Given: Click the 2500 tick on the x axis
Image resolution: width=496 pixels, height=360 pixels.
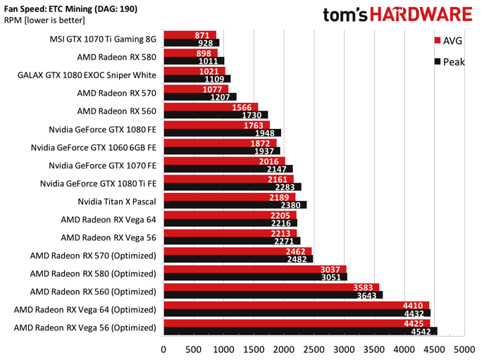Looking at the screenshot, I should [x=314, y=348].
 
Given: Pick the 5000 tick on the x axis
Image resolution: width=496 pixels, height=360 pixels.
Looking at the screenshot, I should [x=464, y=348].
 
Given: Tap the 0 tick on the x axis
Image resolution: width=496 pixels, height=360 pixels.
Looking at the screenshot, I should [x=163, y=348].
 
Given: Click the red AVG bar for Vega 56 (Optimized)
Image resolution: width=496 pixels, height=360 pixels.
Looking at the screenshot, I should [x=282, y=323].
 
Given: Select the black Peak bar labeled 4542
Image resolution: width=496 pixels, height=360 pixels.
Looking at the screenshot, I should [x=282, y=331].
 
